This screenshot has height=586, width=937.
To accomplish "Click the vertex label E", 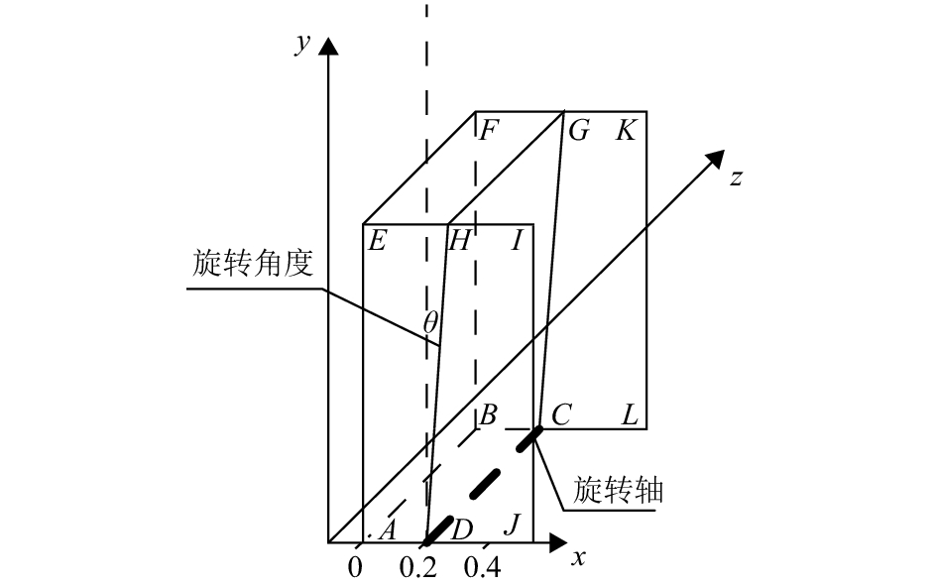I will (377, 240).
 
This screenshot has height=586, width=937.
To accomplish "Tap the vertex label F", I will (487, 130).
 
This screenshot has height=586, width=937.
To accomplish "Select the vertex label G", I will (579, 130).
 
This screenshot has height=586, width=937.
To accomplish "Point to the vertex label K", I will (626, 130).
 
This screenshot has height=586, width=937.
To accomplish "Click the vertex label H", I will (460, 240).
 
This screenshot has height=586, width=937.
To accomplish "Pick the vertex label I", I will (517, 240).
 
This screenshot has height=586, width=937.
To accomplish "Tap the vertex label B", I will (487, 415).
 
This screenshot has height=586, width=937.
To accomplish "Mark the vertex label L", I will (630, 415).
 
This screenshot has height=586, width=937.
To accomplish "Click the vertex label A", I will (388, 530).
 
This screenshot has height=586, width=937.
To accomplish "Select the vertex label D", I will (461, 530).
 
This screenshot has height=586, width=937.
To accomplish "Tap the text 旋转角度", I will (253, 264).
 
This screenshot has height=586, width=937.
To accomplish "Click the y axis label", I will (300, 44).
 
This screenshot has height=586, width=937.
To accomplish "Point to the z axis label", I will (736, 178).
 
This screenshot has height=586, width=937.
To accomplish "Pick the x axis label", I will (579, 557).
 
